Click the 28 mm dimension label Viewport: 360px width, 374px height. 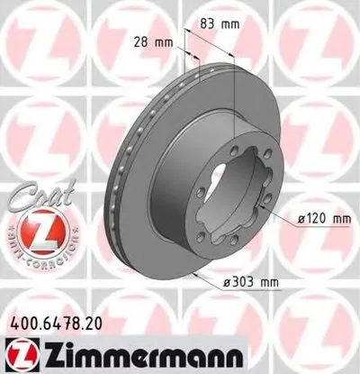point(154,42)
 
